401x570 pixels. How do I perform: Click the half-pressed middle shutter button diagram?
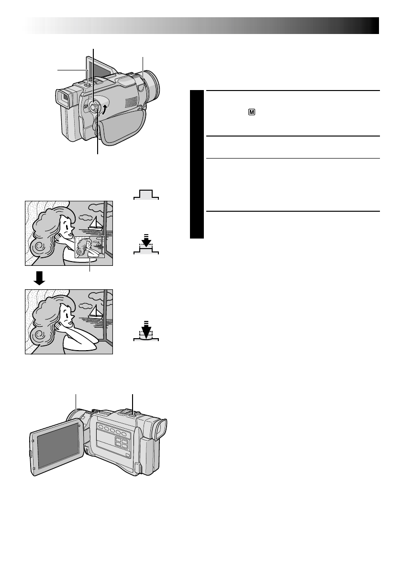coord(146,246)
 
